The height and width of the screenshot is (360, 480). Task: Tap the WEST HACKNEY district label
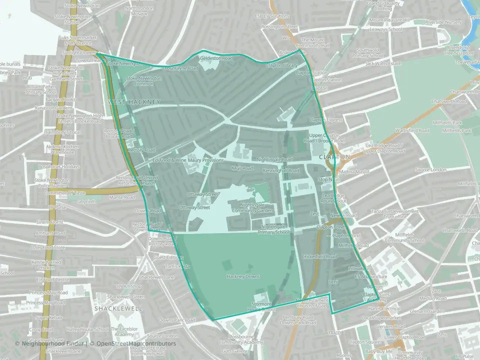pyautogui.click(x=134, y=102)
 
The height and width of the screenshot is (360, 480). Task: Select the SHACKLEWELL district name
pyautogui.click(x=118, y=309)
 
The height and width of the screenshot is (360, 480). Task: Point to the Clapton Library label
pyautogui.click(x=281, y=65)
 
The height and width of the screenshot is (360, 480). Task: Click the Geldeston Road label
pyautogui.click(x=216, y=58)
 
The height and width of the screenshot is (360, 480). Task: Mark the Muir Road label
pyautogui.click(x=242, y=168)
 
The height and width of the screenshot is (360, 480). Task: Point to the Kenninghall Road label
pyautogui.click(x=280, y=171)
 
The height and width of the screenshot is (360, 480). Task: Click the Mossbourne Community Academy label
pyautogui.click(x=240, y=339)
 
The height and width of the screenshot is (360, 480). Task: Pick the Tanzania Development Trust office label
pyautogui.click(x=394, y=213)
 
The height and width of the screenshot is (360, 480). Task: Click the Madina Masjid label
pyautogui.click(x=356, y=171)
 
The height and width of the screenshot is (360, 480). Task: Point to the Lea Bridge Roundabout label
pyautogui.click(x=334, y=197)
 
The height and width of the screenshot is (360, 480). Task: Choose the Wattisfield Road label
pyautogui.click(x=412, y=130)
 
